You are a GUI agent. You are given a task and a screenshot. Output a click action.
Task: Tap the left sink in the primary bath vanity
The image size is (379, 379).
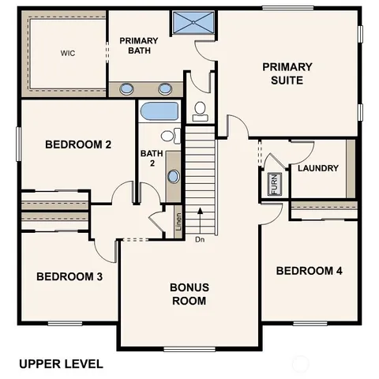point(127,88)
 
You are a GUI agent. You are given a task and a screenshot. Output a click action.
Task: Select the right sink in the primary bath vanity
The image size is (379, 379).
point(166,88)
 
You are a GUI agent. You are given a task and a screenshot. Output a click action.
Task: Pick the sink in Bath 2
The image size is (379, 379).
point(173,175)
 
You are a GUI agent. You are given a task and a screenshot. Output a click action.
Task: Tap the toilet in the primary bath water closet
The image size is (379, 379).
point(200,111)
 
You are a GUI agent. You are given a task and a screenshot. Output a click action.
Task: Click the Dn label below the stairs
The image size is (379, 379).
point(200,239)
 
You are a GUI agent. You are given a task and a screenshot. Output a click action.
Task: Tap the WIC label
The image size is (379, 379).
point(67,54)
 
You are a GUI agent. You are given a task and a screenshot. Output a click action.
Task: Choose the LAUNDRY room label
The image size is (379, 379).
point(317,168)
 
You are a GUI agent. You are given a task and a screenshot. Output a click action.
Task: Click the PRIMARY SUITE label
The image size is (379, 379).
point(287,73)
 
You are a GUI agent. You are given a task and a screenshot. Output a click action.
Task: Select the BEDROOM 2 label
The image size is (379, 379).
point(77,144)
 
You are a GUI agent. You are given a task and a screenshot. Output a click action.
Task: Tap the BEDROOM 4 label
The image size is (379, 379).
point(309,271)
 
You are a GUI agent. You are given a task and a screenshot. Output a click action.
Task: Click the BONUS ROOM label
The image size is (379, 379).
point(189,294)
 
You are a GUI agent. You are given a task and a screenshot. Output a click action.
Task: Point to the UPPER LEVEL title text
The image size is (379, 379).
point(61,364)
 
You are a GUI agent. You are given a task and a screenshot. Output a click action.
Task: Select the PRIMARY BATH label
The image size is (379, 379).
point(138,47)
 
